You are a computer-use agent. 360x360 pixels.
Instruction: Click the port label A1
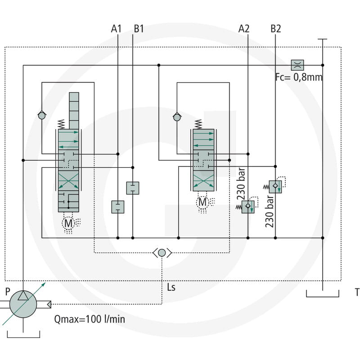click(x=116, y=29)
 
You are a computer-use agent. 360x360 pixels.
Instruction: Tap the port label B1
click(x=139, y=29)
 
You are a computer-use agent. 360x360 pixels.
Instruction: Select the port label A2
click(x=244, y=29)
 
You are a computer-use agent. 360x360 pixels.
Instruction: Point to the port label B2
click(x=276, y=29)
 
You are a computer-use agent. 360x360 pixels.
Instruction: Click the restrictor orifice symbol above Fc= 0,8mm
click(x=297, y=65)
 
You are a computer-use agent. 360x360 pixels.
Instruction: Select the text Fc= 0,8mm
click(x=299, y=77)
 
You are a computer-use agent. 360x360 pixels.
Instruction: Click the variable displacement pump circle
click(x=23, y=304)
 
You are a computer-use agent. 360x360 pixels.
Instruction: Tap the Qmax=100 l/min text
click(x=90, y=319)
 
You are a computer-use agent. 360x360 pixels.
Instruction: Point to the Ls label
click(x=171, y=287)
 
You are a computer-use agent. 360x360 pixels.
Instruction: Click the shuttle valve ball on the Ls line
click(x=162, y=253)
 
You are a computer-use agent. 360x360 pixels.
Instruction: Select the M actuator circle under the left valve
click(x=68, y=223)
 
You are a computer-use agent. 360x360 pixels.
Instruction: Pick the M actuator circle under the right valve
click(x=202, y=202)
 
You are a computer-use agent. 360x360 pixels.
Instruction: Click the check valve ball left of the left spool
click(x=42, y=116)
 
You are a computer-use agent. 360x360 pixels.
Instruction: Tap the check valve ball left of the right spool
click(x=177, y=117)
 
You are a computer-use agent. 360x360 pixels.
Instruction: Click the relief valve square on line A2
click(x=248, y=207)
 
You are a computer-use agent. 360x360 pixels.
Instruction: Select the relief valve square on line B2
click(x=275, y=187)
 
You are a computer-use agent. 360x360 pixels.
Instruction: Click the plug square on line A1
click(x=118, y=207)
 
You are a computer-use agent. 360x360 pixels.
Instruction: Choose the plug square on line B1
click(x=133, y=188)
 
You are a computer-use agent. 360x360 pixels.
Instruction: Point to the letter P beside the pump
click(x=8, y=292)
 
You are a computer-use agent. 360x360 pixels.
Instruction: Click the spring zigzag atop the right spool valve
click(x=198, y=124)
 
